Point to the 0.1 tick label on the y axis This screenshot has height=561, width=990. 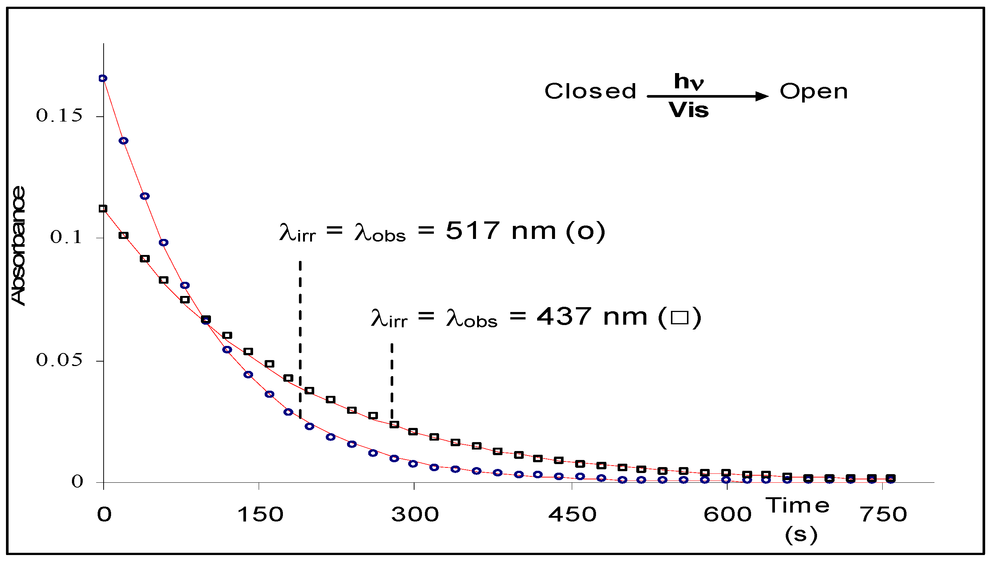point(66,237)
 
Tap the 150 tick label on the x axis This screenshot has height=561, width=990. point(261,515)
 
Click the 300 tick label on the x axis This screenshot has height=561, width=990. point(415,515)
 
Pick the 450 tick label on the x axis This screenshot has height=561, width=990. point(572,515)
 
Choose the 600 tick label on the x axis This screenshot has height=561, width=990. point(727,515)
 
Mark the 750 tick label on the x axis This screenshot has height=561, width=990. point(883,515)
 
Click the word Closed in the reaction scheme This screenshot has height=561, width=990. point(590,91)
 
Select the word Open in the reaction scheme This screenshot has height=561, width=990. point(814,92)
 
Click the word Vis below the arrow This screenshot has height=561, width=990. point(688,110)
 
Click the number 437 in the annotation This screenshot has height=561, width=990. point(564,317)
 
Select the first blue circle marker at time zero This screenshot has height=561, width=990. point(103,78)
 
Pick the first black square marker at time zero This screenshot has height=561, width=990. point(103,209)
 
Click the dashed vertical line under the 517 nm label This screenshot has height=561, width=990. point(300,339)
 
